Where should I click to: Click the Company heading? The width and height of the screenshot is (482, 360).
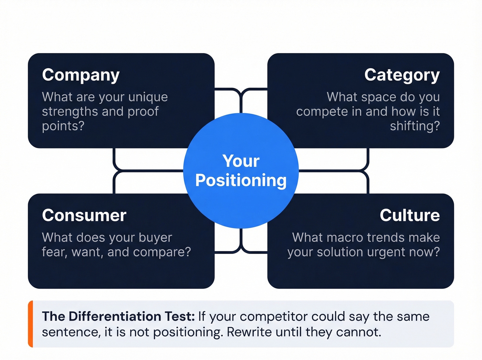[x=81, y=75]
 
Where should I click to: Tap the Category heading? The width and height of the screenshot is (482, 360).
[x=402, y=75]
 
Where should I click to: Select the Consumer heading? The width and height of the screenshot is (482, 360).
[x=84, y=215]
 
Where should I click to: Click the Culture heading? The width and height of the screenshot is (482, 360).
[x=410, y=215]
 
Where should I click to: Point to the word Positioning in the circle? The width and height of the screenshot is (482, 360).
[x=241, y=181]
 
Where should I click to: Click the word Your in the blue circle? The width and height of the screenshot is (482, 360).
[x=241, y=161]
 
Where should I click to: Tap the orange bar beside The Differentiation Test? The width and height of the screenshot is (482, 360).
[x=31, y=324]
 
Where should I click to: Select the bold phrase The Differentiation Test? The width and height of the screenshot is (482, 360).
[x=118, y=316]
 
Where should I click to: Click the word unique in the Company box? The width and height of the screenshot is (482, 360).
[x=148, y=97]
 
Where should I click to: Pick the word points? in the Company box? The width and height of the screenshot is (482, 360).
[x=63, y=126]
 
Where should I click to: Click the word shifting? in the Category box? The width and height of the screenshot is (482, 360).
[x=415, y=126]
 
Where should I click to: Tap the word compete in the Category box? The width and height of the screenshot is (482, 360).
[x=317, y=112]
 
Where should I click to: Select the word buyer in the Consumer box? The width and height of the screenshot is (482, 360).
[x=155, y=238]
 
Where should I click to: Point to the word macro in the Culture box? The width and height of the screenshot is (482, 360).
[x=345, y=238]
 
